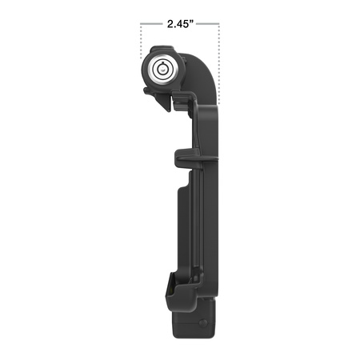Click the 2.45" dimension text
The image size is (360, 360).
pyautogui.click(x=181, y=24)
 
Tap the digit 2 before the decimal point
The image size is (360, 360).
pyautogui.click(x=169, y=24)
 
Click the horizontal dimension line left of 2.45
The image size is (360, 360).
pyautogui.click(x=151, y=24)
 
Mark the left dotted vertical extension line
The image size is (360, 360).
pyautogui.click(x=142, y=40)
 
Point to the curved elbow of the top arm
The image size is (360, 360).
pyautogui.click(x=206, y=76)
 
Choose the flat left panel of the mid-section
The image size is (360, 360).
pyautogui.click(x=184, y=232)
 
